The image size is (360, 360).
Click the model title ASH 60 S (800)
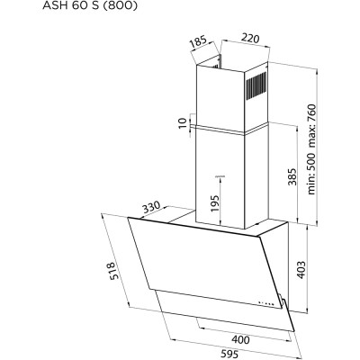coord(90,5)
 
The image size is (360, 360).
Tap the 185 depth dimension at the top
coord(198,42)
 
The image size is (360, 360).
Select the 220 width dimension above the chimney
coord(250,39)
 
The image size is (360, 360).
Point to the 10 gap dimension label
coord(183,123)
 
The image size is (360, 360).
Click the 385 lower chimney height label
coord(292,176)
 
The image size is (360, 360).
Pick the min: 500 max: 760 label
coord(311,149)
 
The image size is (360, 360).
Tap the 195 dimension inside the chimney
coord(215,203)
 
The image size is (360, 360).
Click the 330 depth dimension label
coord(150,207)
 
